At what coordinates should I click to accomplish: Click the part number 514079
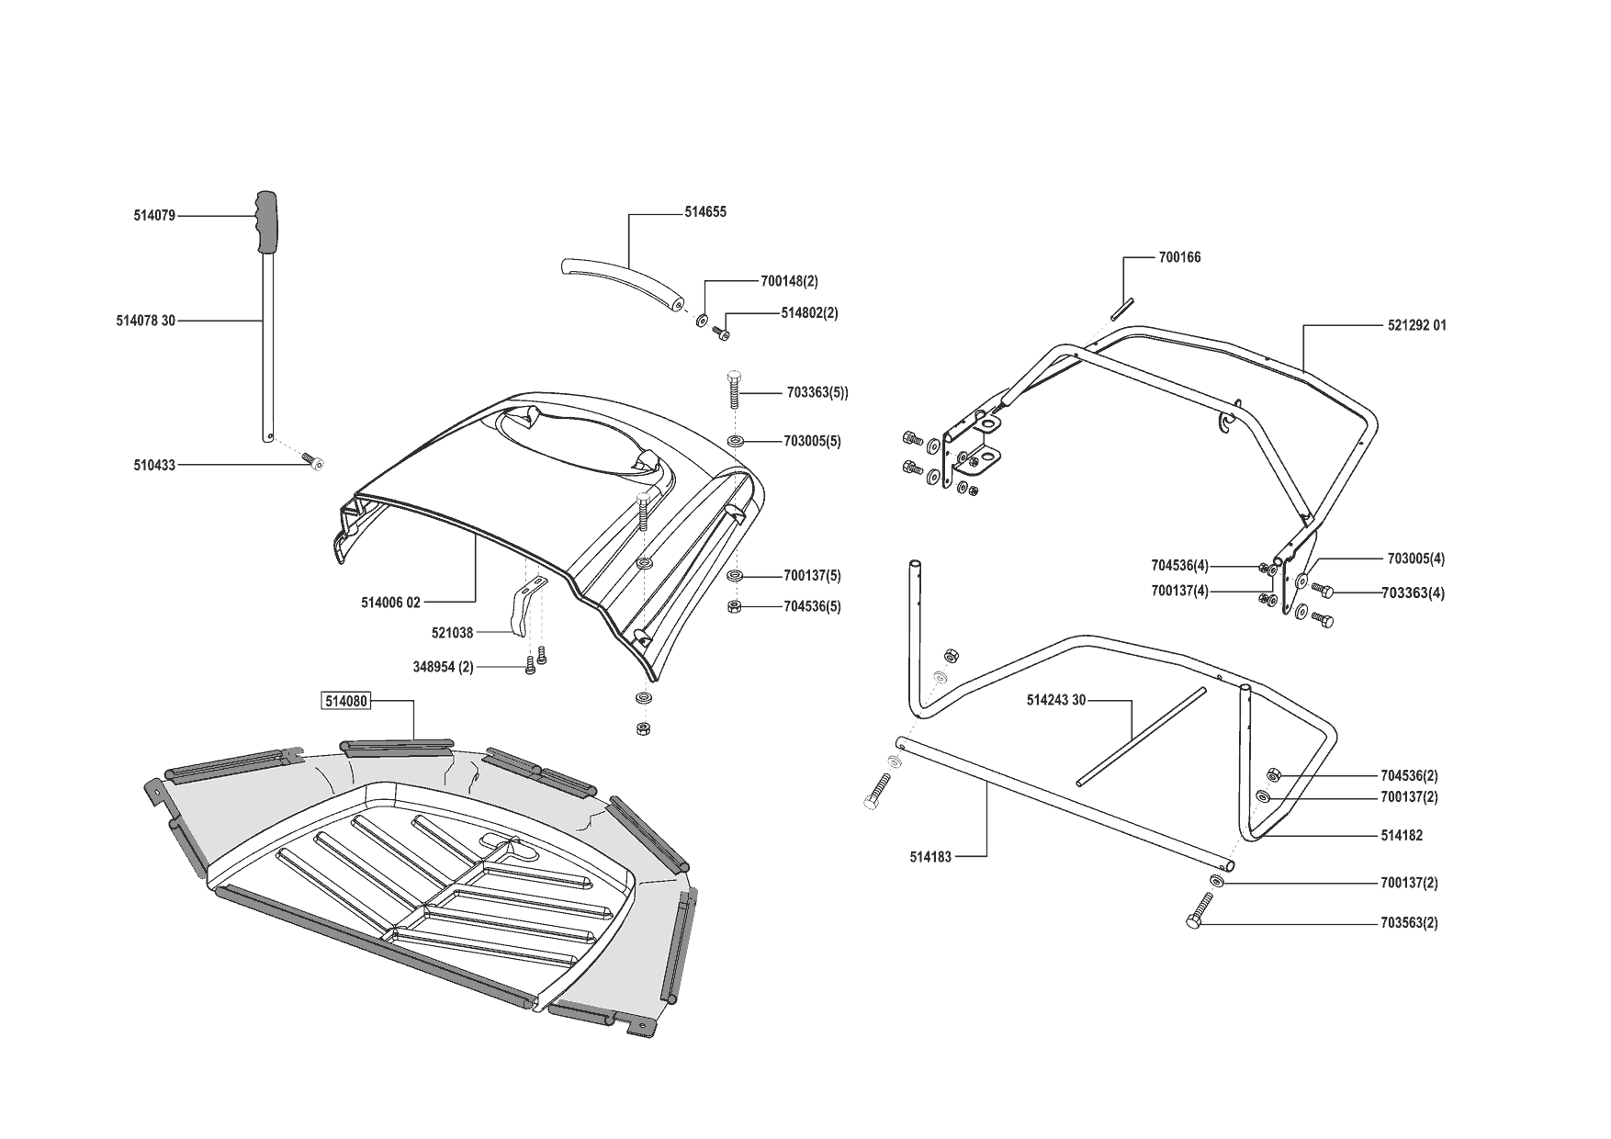pyautogui.click(x=153, y=216)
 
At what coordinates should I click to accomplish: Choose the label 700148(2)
pyautogui.click(x=789, y=281)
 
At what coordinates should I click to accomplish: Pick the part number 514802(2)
pyautogui.click(x=809, y=312)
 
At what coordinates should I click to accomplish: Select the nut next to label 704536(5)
pyautogui.click(x=735, y=606)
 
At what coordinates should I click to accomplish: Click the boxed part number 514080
pyautogui.click(x=345, y=702)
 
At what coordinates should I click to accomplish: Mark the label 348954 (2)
pyautogui.click(x=443, y=667)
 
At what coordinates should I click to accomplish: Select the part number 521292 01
pyautogui.click(x=1416, y=325)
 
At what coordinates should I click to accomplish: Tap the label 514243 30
pyautogui.click(x=1055, y=700)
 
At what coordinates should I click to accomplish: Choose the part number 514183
pyautogui.click(x=930, y=856)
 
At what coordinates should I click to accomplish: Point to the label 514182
pyautogui.click(x=1401, y=836)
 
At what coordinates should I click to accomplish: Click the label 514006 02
pyautogui.click(x=390, y=603)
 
